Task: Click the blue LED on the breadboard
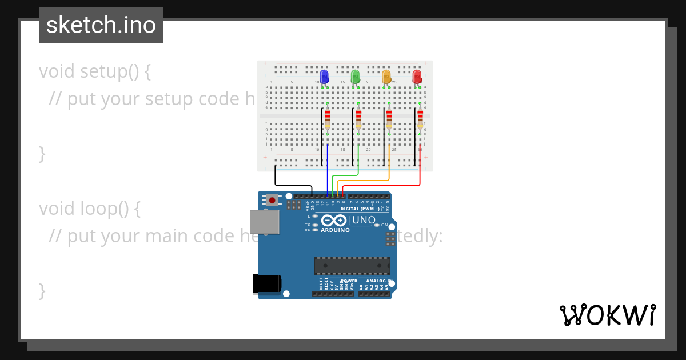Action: tap(324, 77)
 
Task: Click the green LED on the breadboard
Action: tap(355, 77)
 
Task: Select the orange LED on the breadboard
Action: tap(386, 77)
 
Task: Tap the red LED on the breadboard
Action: tap(417, 77)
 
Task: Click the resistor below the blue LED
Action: tap(328, 119)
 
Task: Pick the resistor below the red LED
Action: tap(420, 119)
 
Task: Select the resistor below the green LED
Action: tap(358, 119)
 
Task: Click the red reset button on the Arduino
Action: tap(273, 200)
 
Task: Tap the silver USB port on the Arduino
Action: tap(265, 222)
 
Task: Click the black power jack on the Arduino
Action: tap(267, 284)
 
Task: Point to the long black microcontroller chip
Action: tap(352, 266)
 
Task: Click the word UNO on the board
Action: tap(363, 220)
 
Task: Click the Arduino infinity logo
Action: tap(333, 221)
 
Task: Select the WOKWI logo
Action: tap(607, 315)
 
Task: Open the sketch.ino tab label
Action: tap(101, 25)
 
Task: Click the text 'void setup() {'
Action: tap(95, 71)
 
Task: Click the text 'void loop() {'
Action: tap(90, 209)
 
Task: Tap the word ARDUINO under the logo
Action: tap(334, 230)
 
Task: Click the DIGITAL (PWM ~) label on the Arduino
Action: tap(360, 209)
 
